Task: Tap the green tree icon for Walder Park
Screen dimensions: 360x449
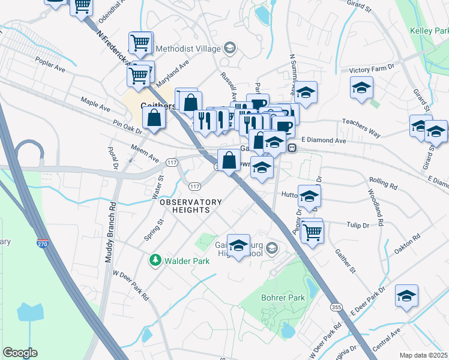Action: pyautogui.click(x=155, y=260)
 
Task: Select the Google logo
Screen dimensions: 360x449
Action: pyautogui.click(x=20, y=353)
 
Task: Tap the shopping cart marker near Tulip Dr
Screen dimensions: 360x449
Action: pyautogui.click(x=312, y=231)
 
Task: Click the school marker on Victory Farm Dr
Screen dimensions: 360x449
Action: pyautogui.click(x=362, y=87)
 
